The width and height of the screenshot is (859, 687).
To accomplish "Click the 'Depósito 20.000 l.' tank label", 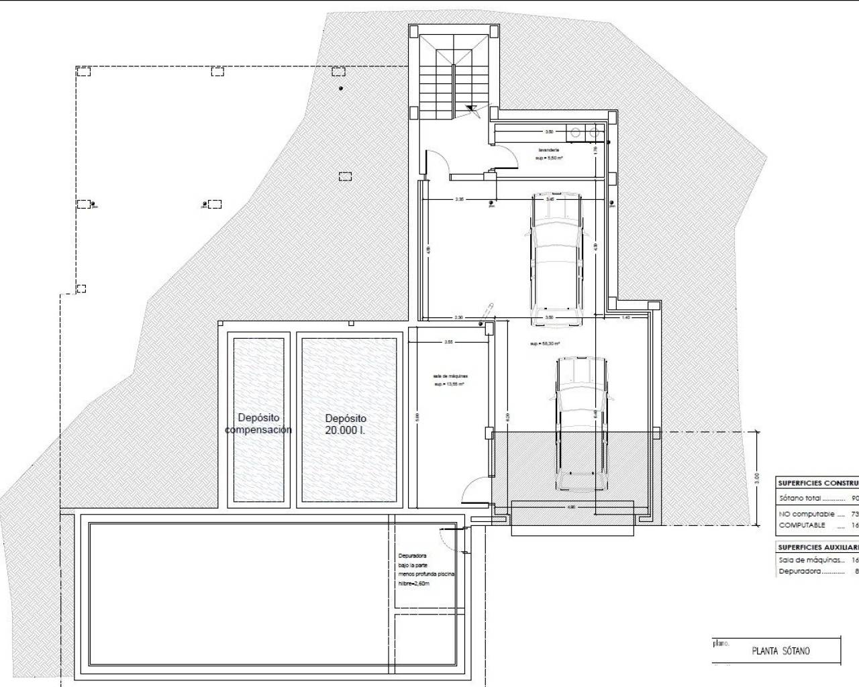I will point(346,424).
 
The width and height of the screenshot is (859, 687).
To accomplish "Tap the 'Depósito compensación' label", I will point(258,424).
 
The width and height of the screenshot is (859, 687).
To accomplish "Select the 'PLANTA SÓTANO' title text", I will point(780,651).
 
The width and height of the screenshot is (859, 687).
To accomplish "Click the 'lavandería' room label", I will point(548,150).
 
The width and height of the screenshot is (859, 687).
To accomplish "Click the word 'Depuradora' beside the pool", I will point(412,556).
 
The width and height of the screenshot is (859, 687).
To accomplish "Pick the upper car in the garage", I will point(556,258).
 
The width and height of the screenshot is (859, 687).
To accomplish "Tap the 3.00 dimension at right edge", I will point(757,478).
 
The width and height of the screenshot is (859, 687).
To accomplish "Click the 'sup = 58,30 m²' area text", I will point(544,343).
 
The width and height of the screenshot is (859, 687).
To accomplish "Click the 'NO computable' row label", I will point(806,514).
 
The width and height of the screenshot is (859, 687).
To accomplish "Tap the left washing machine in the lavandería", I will point(576,133).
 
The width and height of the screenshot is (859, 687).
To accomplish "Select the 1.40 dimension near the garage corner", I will point(625,317).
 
